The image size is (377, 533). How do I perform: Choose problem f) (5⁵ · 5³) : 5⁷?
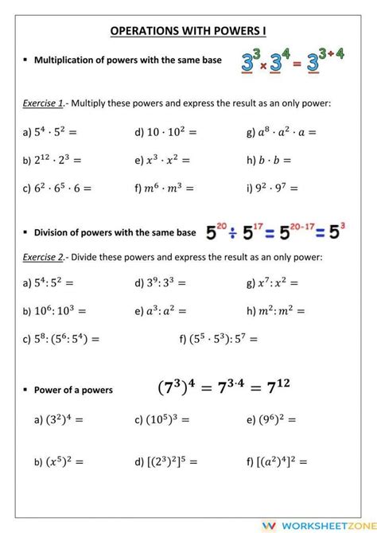pos(219,339)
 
